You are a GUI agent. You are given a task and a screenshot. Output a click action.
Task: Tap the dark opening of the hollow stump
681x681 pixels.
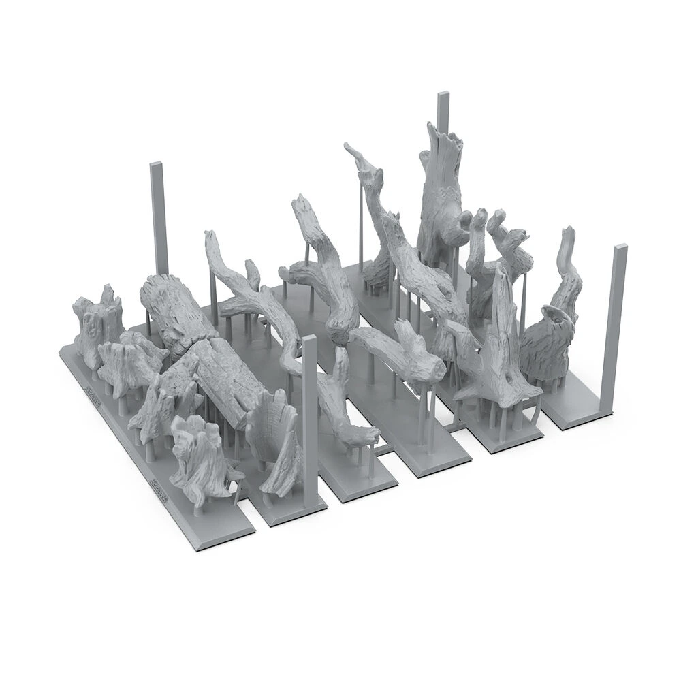pyautogui.click(x=557, y=317)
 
